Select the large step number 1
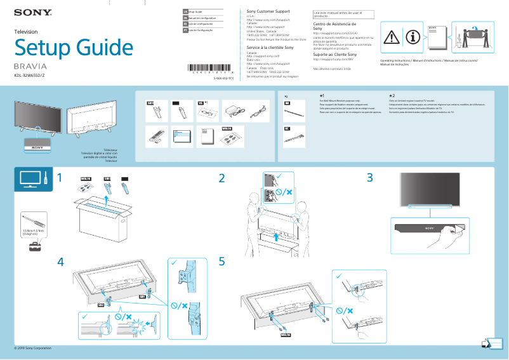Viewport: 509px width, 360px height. [x=60, y=178]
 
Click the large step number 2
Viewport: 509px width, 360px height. [x=222, y=178]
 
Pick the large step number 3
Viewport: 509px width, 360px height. [x=370, y=178]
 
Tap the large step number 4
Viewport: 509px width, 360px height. [x=60, y=262]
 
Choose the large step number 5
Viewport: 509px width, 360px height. [x=222, y=262]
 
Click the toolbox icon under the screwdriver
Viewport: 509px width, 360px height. [x=34, y=246]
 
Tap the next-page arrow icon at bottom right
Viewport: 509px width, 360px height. [x=487, y=343]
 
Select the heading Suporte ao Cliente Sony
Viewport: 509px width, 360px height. [x=335, y=55]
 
